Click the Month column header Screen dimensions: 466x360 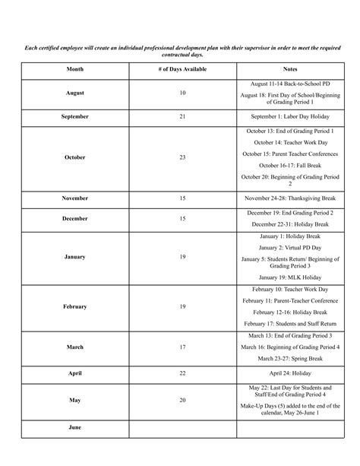75,68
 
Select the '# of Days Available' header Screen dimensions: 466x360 182,68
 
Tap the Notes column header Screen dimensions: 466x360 289,68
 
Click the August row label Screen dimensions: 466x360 75,93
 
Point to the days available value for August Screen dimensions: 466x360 182,93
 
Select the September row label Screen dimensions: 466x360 75,117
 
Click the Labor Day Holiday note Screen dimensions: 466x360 289,117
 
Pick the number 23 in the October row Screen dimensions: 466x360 182,157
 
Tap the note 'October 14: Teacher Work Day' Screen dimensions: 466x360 289,142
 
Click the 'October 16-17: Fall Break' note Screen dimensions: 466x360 289,165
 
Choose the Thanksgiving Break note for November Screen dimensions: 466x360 289,198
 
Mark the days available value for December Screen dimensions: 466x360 182,218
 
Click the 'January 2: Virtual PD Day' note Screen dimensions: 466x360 289,247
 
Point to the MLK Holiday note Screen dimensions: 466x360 289,277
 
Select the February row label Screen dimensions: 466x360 75,306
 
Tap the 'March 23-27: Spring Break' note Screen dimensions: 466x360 289,358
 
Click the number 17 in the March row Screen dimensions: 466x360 182,347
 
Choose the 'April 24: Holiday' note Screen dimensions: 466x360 289,375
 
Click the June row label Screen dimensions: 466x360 75,428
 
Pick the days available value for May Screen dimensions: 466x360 182,400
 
